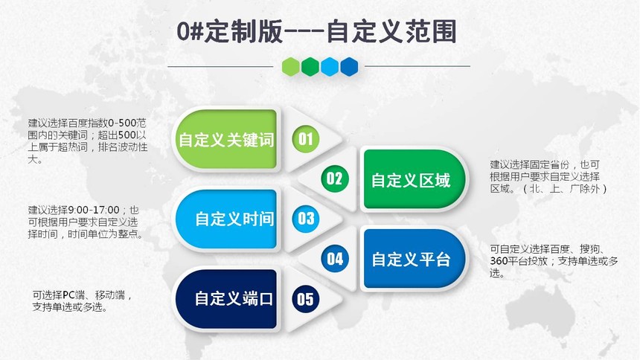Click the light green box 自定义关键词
pyautogui.click(x=226, y=139)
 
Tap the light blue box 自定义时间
pyautogui.click(x=226, y=219)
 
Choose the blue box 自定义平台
pyautogui.click(x=414, y=259)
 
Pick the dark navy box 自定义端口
pyautogui.click(x=226, y=299)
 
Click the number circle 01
pyautogui.click(x=305, y=139)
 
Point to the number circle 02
pyautogui.click(x=335, y=179)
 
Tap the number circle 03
pyautogui.click(x=305, y=219)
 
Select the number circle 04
pyautogui.click(x=335, y=259)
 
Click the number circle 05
pyautogui.click(x=305, y=299)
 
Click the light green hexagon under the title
pyautogui.click(x=291, y=66)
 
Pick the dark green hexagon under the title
pyautogui.click(x=310, y=66)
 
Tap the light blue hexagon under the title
pyautogui.click(x=330, y=66)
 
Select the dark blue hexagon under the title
pyautogui.click(x=349, y=66)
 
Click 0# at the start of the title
pyautogui.click(x=190, y=31)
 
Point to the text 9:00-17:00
pyautogui.click(x=94, y=210)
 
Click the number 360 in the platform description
pyautogui.click(x=499, y=261)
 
